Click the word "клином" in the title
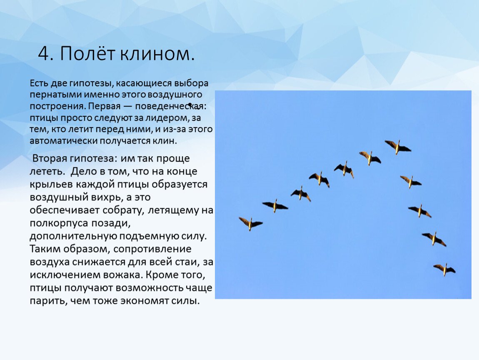[x=157, y=53]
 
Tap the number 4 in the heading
[x=44, y=53]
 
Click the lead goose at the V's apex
[x=397, y=147]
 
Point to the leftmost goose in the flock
[x=250, y=223]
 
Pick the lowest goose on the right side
[x=444, y=269]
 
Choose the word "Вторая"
[x=50, y=159]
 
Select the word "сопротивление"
[x=152, y=249]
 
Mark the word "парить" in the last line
[x=48, y=301]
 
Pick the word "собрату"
[x=123, y=210]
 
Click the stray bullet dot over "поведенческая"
[x=190, y=105]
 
